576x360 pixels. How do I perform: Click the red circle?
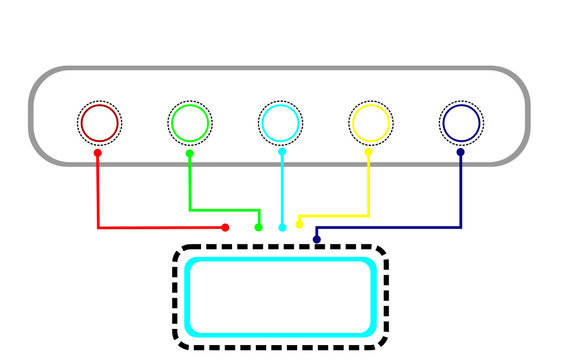coord(99,123)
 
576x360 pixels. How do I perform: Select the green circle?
coord(189,123)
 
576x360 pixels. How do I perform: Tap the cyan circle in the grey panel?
coord(279,123)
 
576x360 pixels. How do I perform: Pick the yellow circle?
coord(370,123)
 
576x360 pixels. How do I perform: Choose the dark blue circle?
coord(460,123)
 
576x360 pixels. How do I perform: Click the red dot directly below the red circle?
coord(97,153)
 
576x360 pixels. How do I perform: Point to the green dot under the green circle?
coord(190,153)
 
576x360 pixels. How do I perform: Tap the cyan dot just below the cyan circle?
coord(281,153)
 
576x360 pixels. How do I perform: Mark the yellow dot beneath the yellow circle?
coord(368,153)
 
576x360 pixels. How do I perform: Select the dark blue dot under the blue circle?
coord(461,153)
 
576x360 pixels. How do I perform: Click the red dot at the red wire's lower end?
coord(225,228)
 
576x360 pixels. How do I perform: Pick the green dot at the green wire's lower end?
coord(259,228)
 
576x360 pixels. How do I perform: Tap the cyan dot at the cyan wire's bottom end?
coord(282,228)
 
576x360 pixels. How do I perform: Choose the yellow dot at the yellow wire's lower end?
coord(299,224)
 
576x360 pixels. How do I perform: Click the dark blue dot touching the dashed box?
coord(317,240)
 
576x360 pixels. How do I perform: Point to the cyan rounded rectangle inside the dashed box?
coord(280,297)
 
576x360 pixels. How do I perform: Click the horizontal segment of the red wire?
coord(160,228)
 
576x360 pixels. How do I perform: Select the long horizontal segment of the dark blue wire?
coord(390,228)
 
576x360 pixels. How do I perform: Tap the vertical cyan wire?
coord(282,190)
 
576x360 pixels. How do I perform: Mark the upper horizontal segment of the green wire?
coord(225,210)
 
